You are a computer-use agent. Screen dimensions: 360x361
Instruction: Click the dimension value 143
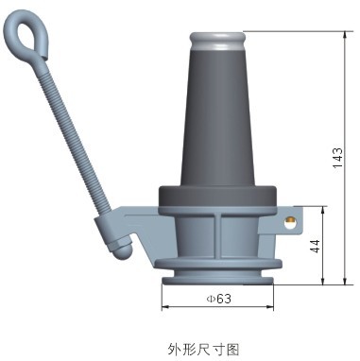tap(337, 157)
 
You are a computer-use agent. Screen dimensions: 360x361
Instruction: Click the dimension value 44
tap(315, 246)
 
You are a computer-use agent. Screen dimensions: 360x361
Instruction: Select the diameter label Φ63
tap(219, 299)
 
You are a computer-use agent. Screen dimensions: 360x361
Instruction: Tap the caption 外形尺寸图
tap(203, 349)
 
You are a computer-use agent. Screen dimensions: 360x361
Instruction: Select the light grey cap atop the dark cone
tap(217, 41)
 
